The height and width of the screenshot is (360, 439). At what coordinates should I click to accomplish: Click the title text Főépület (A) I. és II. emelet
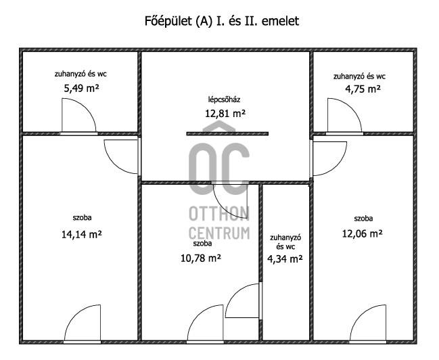click(x=222, y=21)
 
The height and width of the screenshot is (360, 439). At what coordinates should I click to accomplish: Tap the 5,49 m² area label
click(x=81, y=88)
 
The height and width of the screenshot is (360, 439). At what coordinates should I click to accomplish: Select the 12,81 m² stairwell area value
click(x=225, y=114)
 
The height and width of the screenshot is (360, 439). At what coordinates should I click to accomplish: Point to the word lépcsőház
click(x=224, y=99)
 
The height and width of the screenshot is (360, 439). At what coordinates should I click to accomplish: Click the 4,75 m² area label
click(x=363, y=89)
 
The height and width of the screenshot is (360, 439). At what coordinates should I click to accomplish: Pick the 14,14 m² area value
click(x=81, y=234)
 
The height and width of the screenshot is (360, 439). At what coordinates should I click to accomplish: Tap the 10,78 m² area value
click(x=201, y=258)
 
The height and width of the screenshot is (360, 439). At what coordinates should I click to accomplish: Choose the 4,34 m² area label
click(x=285, y=258)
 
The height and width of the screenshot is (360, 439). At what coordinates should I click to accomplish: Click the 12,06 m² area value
click(x=363, y=233)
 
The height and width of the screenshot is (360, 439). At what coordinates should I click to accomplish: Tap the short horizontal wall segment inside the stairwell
click(x=227, y=133)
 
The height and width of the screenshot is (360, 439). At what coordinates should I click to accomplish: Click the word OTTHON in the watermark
click(x=219, y=213)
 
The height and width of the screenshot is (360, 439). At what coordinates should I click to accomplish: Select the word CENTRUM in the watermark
click(x=219, y=233)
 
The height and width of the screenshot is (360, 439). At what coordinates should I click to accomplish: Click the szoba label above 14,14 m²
click(x=82, y=217)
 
